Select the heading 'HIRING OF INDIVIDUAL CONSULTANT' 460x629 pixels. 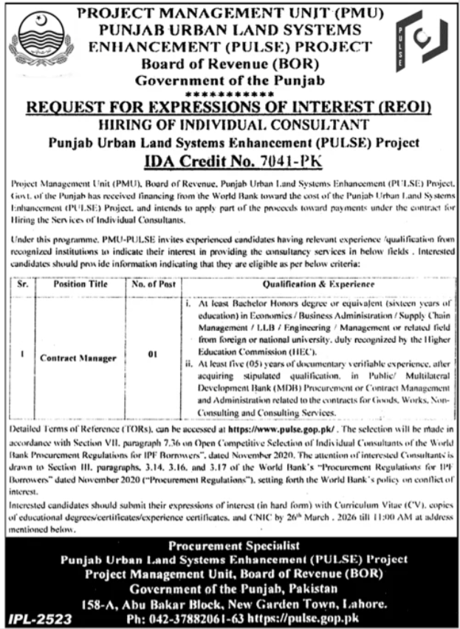[231, 125]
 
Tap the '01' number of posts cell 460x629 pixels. [153, 356]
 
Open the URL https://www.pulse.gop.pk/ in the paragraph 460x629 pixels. [273, 428]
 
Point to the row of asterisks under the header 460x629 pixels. [231, 95]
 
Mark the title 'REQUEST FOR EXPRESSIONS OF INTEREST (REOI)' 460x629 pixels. [231, 109]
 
